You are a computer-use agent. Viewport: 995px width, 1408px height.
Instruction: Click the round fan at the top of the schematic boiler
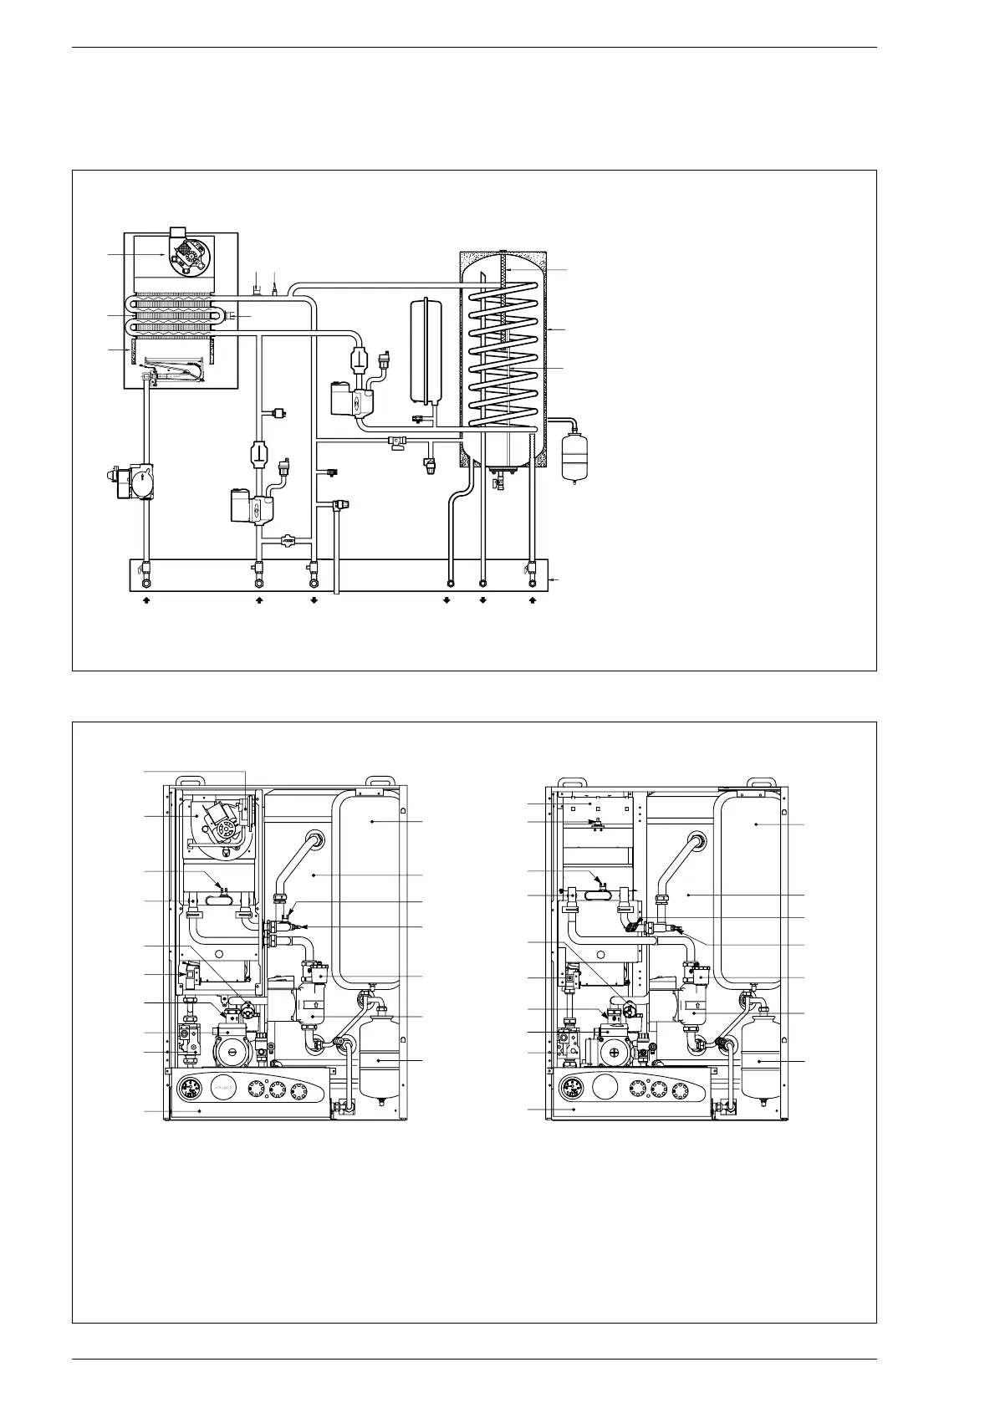tap(186, 259)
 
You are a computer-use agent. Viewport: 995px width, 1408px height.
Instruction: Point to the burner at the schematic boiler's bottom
tap(174, 372)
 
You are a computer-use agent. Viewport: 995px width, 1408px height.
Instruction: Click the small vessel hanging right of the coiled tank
tap(572, 452)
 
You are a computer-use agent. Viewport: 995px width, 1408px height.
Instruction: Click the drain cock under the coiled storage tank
tap(500, 481)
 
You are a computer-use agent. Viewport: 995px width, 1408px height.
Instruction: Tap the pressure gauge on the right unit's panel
tap(574, 1090)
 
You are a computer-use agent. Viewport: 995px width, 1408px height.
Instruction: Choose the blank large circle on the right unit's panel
tap(605, 1089)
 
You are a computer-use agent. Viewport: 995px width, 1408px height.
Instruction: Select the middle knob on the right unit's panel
tap(660, 1089)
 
